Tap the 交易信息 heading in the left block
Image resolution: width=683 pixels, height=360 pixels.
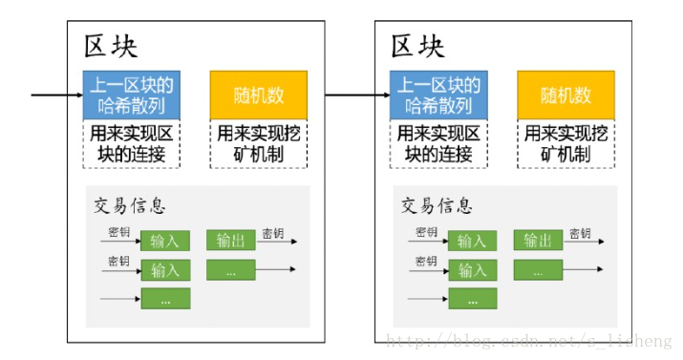click(x=130, y=206)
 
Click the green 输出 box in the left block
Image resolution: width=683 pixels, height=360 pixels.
click(x=230, y=240)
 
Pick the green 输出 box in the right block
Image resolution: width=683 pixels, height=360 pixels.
click(x=539, y=240)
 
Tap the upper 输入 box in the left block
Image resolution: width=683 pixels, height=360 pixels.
click(x=165, y=241)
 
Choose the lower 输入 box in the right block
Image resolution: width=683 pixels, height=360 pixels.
click(x=473, y=270)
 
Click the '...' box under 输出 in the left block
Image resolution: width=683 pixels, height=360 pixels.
click(x=230, y=270)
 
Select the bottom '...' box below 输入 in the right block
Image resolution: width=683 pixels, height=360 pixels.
click(x=473, y=300)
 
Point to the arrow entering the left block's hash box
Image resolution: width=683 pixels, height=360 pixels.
click(x=57, y=95)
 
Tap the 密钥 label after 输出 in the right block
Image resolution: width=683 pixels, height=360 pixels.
click(x=580, y=232)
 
